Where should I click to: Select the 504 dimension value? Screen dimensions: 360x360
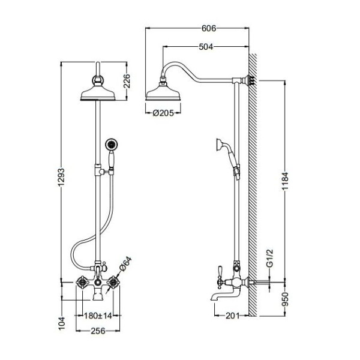coord(205,47)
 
